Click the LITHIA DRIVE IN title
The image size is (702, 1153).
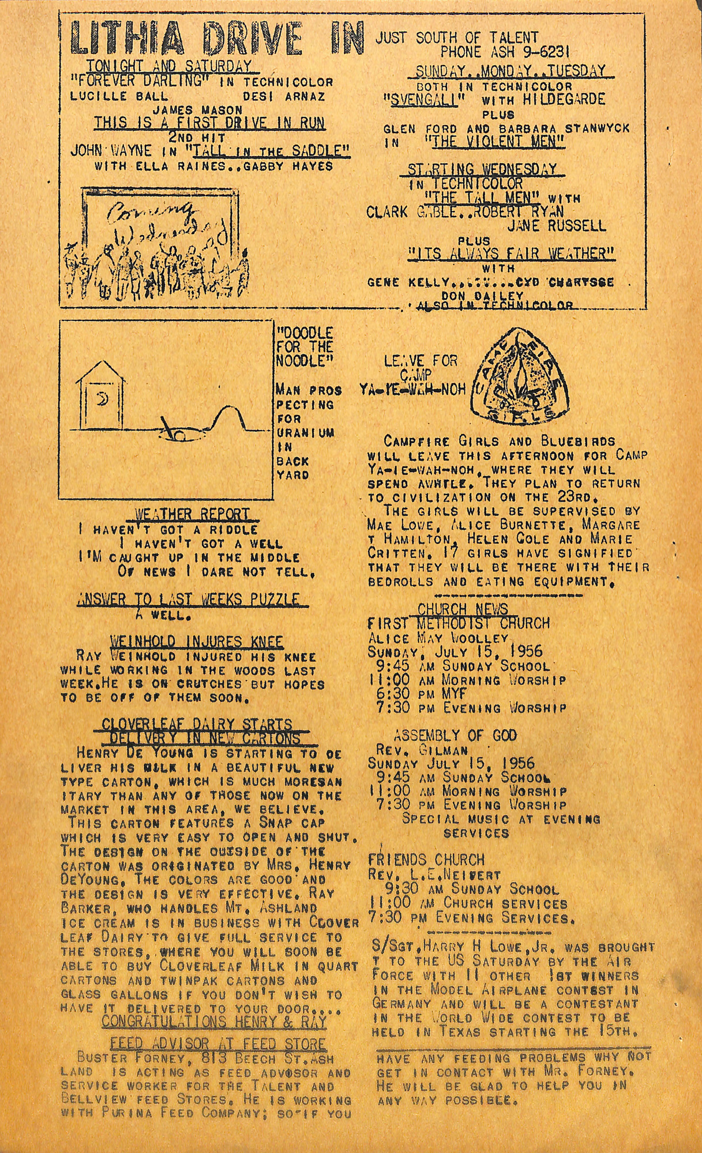click(x=216, y=37)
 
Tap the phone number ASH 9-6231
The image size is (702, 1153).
click(x=505, y=52)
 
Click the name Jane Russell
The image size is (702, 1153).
click(x=557, y=226)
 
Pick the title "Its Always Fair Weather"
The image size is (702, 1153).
click(x=511, y=254)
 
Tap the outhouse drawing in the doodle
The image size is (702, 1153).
click(x=100, y=396)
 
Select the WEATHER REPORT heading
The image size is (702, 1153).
click(x=192, y=514)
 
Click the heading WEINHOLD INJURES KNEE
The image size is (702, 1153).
click(x=196, y=642)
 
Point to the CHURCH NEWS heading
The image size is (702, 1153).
click(x=463, y=609)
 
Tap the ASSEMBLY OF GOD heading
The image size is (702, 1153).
click(x=455, y=735)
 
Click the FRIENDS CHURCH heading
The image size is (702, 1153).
click(x=426, y=860)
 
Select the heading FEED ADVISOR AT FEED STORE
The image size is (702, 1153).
click(x=217, y=1044)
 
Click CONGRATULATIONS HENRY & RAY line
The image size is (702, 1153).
click(x=214, y=1021)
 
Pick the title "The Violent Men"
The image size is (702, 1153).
click(x=494, y=142)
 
